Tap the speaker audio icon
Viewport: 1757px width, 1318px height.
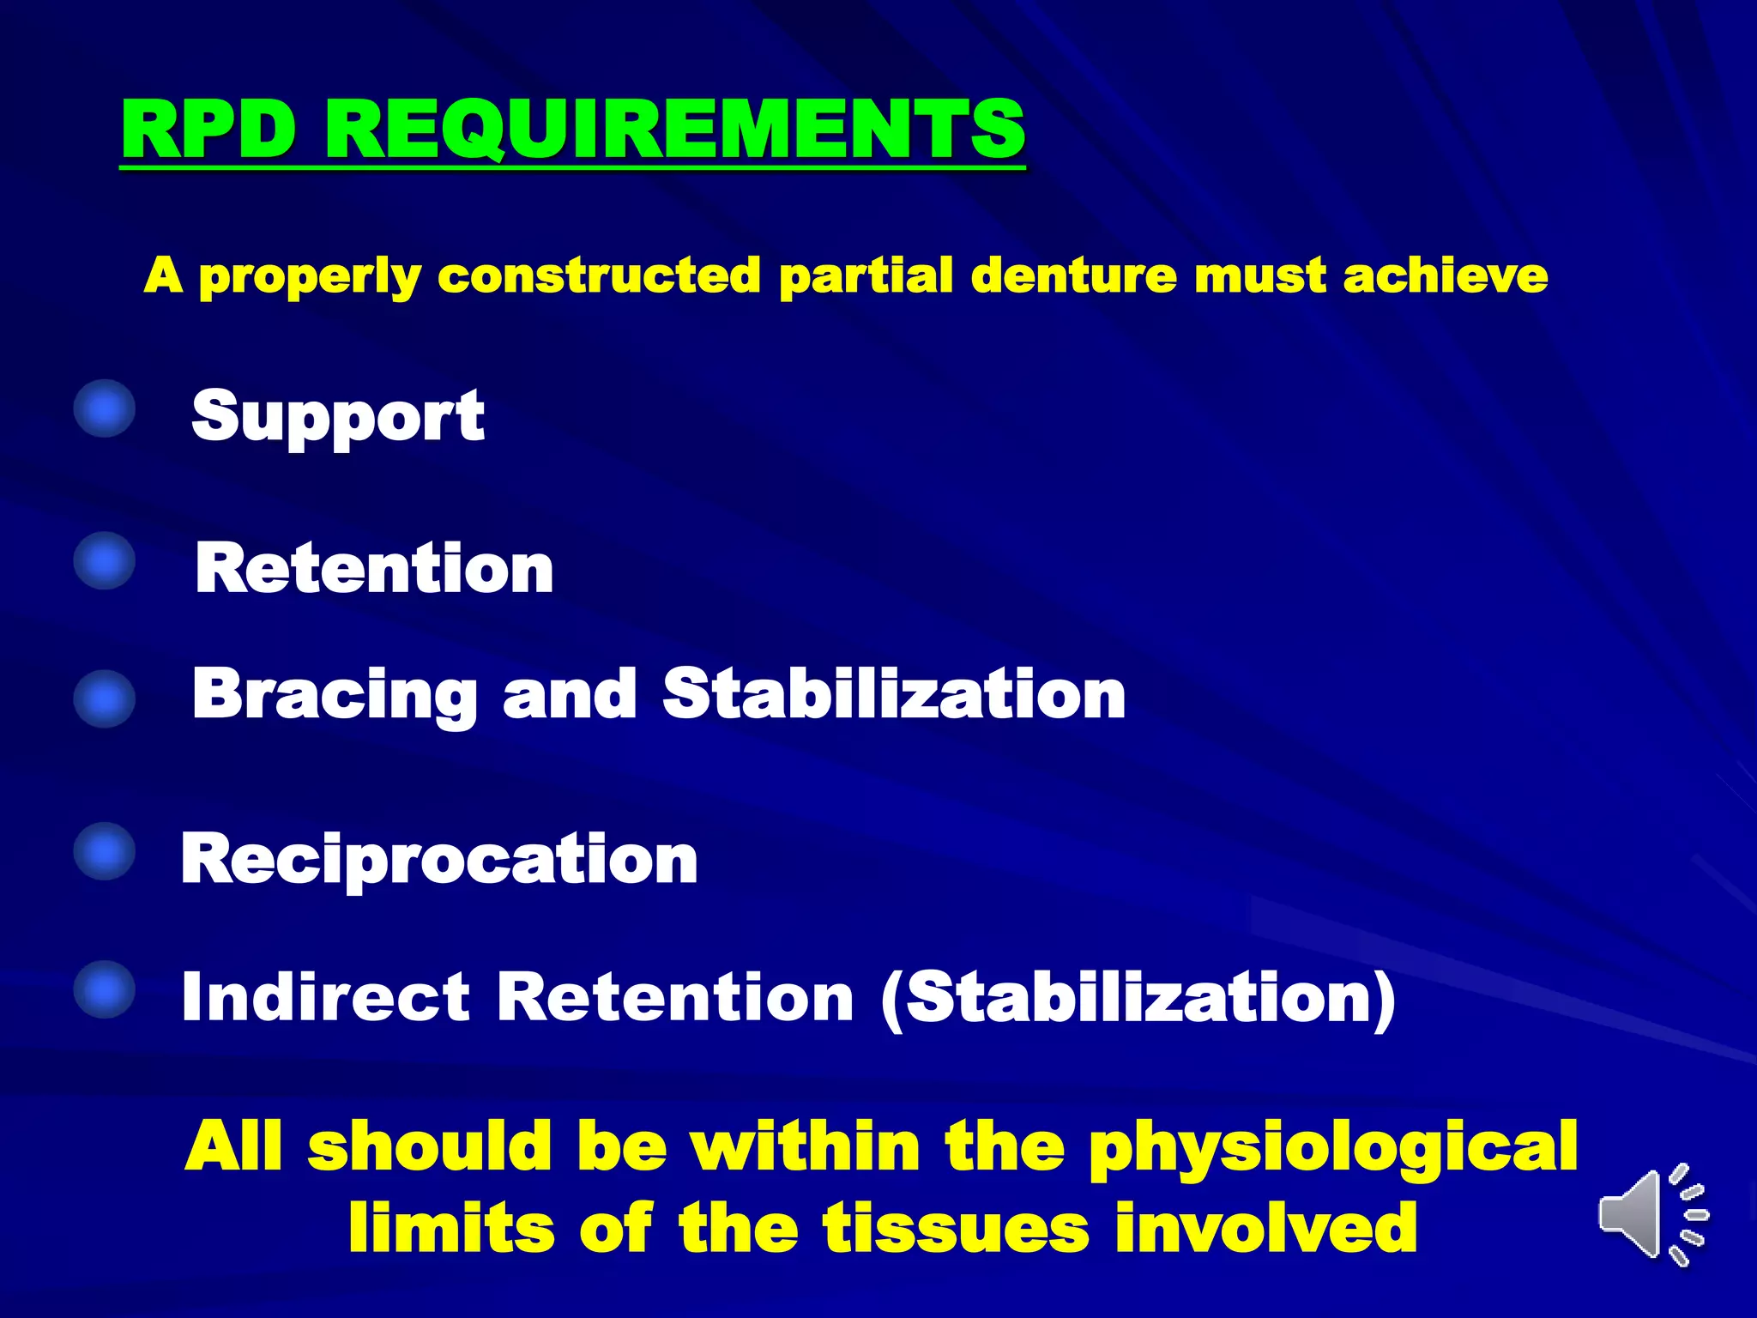tap(1651, 1215)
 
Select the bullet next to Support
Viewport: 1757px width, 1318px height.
tap(105, 409)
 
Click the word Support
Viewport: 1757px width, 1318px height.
tap(338, 417)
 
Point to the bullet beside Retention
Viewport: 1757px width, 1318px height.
tap(105, 561)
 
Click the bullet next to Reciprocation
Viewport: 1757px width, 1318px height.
tap(105, 851)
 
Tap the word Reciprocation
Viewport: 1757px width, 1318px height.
tap(439, 860)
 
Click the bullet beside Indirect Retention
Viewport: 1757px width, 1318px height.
tap(105, 988)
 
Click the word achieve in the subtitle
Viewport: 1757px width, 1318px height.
tap(1446, 276)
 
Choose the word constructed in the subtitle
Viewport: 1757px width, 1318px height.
tap(599, 276)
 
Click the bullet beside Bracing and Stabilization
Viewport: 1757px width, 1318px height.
tap(105, 698)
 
